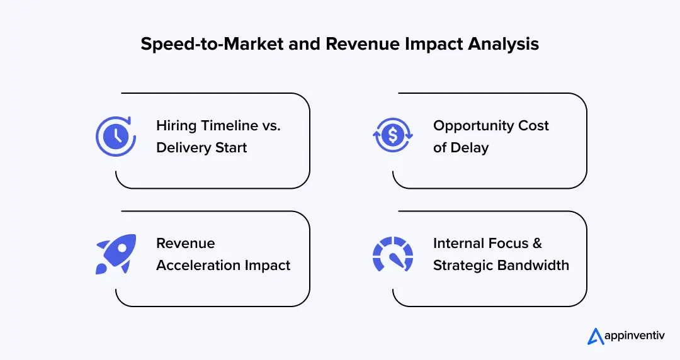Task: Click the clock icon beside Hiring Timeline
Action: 116,136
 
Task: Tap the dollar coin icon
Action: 393,136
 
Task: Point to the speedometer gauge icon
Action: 393,255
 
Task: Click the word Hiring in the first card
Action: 176,126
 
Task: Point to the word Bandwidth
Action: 535,266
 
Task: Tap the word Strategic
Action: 463,266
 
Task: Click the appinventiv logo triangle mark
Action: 596,337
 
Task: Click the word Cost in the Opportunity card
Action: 534,126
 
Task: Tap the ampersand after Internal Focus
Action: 536,244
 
